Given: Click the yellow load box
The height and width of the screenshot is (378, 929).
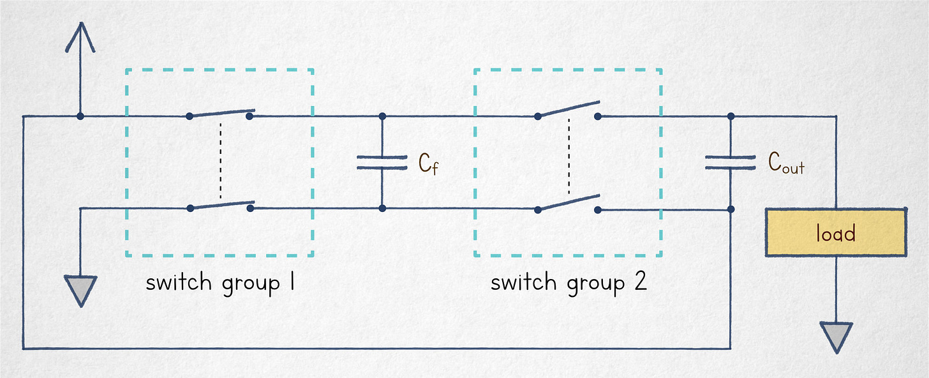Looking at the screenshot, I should (835, 233).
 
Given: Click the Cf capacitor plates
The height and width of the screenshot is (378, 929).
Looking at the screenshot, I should (382, 162).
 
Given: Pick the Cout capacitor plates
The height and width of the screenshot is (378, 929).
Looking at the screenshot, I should (731, 162).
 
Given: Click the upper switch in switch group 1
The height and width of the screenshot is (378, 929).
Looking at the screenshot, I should (219, 114).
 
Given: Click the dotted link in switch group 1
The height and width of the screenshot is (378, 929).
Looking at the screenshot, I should (220, 160).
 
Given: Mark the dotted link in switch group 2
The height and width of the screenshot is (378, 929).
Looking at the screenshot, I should (569, 156).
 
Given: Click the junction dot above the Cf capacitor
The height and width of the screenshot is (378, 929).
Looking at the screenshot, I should (382, 117).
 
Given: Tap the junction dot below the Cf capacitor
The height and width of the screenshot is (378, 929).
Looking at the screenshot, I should (382, 209).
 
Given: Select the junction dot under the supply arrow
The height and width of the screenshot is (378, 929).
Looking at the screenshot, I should (80, 117).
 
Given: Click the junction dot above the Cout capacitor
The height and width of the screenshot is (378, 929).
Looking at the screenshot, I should (731, 117).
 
